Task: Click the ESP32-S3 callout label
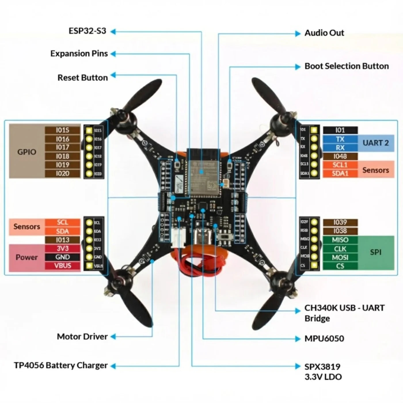pos(87,31)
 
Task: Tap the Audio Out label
pos(324,33)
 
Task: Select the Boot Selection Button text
pos(347,66)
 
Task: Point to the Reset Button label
pos(83,78)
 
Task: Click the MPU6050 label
pos(324,339)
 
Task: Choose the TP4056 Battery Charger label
pos(61,366)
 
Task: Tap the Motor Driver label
pos(82,337)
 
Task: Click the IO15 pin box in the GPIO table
pos(62,130)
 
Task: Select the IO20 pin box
pos(62,174)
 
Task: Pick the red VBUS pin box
pos(62,266)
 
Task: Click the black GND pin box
pos(62,257)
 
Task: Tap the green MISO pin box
pos(340,240)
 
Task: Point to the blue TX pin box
pos(340,139)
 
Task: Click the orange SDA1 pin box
pos(340,174)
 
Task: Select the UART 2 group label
pos(376,143)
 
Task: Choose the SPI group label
pos(376,252)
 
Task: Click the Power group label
pos(27,257)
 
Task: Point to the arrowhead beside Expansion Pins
pos(113,54)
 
